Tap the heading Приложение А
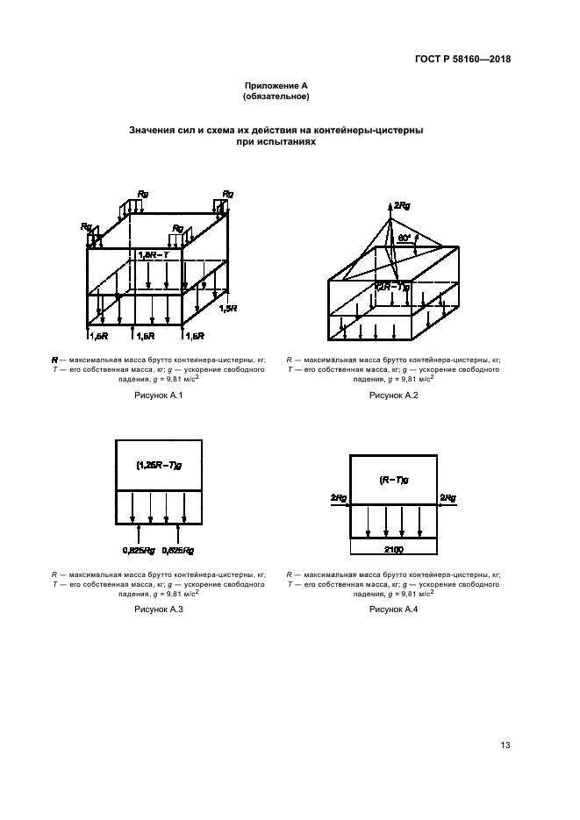pyautogui.click(x=276, y=86)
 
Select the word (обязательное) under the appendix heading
pyautogui.click(x=276, y=96)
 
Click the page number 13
pyautogui.click(x=505, y=745)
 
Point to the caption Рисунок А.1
pyautogui.click(x=158, y=396)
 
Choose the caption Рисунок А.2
pyautogui.click(x=393, y=396)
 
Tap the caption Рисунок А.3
pyautogui.click(x=158, y=608)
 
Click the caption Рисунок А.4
pyautogui.click(x=393, y=608)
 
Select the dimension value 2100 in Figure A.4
pyautogui.click(x=392, y=548)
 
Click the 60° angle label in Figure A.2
pyautogui.click(x=405, y=237)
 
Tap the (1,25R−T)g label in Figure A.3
pyautogui.click(x=159, y=466)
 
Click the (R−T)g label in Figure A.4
pyautogui.click(x=392, y=480)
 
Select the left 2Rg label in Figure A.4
pyautogui.click(x=338, y=497)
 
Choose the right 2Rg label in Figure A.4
pyautogui.click(x=448, y=497)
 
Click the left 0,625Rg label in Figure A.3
pyautogui.click(x=136, y=550)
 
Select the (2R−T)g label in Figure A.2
pyautogui.click(x=392, y=287)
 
